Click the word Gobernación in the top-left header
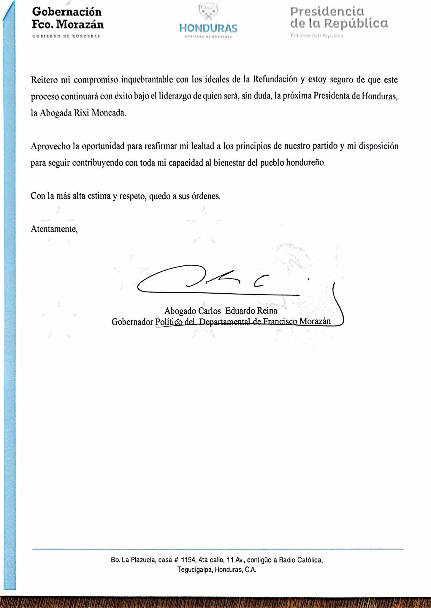[67, 12]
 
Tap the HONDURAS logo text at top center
[208, 28]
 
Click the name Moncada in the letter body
[109, 113]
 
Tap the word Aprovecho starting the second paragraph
[51, 146]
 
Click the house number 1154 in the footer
[188, 560]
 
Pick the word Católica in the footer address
[309, 560]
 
